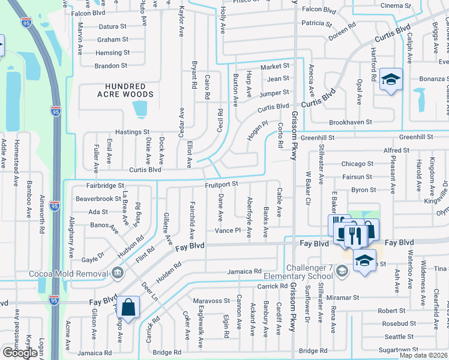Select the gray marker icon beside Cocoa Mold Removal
(116, 274)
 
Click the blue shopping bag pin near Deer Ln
(129, 308)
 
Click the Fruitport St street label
(221, 184)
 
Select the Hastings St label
(132, 132)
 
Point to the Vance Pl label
(228, 231)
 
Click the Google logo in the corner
(20, 353)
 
